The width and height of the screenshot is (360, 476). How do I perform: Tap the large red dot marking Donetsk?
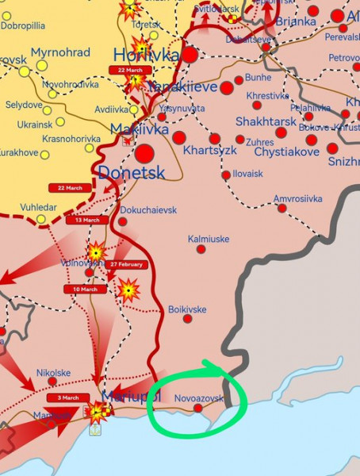pyautogui.click(x=145, y=153)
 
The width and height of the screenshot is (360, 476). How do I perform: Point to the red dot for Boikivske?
pyautogui.click(x=187, y=319)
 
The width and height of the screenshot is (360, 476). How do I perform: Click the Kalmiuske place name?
pyautogui.click(x=209, y=238)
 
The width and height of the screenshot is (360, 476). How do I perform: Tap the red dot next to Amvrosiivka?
pyautogui.click(x=282, y=208)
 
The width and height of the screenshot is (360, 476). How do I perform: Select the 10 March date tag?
pyautogui.click(x=85, y=289)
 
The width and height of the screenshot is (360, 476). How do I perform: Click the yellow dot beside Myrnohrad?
pyautogui.click(x=41, y=65)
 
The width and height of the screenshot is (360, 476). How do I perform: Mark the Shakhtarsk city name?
pyautogui.click(x=266, y=121)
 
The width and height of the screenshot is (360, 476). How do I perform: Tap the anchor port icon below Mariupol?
pyautogui.click(x=94, y=429)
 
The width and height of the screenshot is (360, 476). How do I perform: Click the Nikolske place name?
pyautogui.click(x=53, y=372)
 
